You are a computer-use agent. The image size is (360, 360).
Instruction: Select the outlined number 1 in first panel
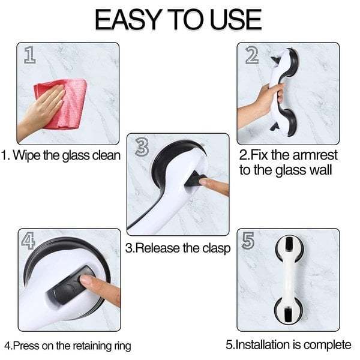coord(29,55)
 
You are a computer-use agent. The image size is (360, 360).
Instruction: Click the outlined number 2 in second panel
coord(251,55)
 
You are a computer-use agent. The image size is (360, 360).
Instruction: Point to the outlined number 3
coord(142,147)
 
